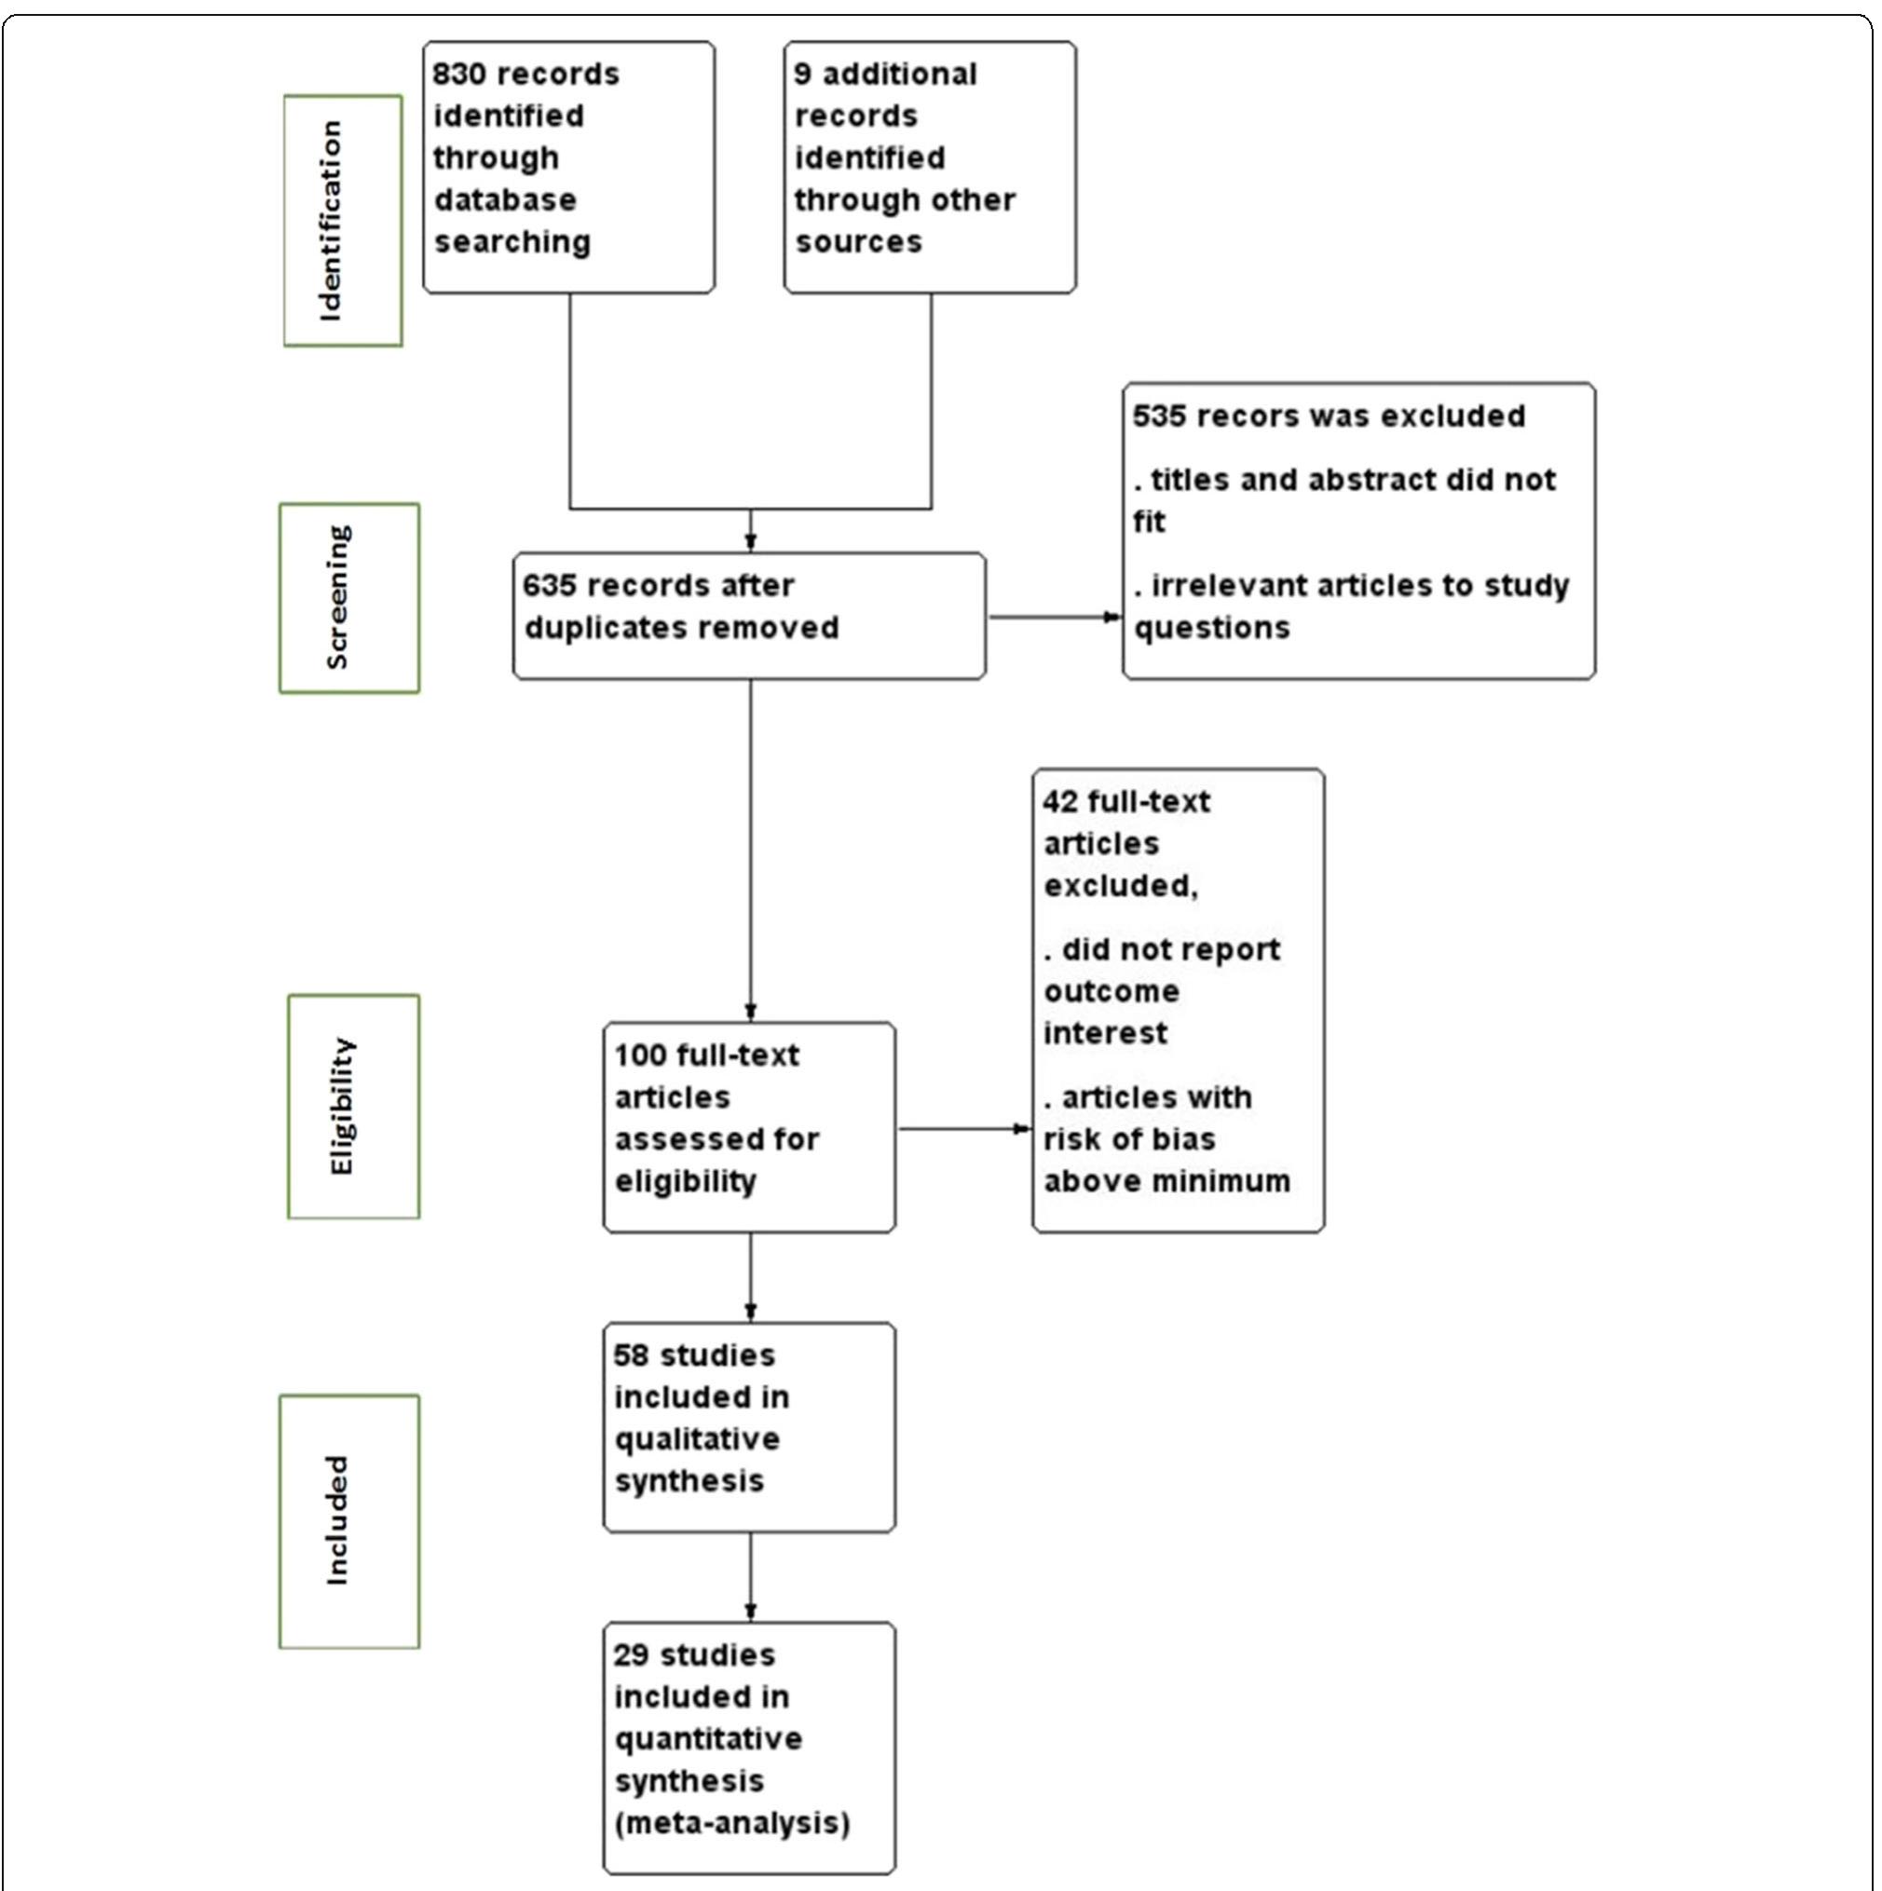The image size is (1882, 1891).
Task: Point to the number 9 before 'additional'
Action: [x=803, y=75]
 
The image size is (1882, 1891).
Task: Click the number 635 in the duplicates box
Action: [x=550, y=585]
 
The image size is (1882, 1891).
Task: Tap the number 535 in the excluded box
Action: [x=1159, y=416]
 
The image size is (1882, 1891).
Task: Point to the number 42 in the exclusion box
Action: [x=1060, y=802]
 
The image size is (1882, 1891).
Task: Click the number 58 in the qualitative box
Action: [x=632, y=1355]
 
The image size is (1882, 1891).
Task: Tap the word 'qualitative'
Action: [x=696, y=1440]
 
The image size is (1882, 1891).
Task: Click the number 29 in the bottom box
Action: [x=632, y=1655]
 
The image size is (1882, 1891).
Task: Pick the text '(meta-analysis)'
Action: [x=731, y=1824]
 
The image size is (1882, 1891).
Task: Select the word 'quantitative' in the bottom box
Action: [x=708, y=1739]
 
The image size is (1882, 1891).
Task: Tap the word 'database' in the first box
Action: [x=504, y=200]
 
